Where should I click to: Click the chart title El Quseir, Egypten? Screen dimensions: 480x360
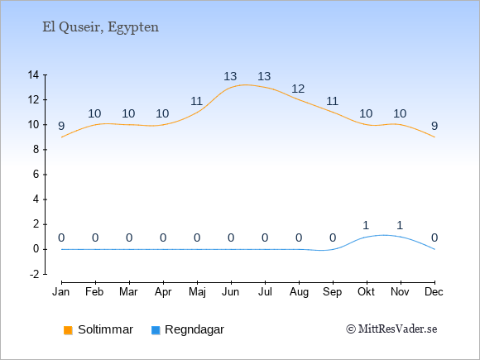100,27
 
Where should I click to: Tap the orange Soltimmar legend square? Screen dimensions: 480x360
68,330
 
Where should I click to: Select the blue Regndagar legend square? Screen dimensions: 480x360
156,330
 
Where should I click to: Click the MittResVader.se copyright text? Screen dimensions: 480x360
391,329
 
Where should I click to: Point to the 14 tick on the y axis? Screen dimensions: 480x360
33,74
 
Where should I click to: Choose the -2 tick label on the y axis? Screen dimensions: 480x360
35,274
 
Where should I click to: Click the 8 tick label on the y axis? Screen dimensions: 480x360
36,150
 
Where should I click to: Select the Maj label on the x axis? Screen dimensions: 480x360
197,292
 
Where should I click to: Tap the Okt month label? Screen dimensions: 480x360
366,292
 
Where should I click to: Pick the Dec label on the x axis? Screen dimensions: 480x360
434,292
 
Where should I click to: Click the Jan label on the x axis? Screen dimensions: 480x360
61,292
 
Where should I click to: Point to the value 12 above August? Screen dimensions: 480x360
298,89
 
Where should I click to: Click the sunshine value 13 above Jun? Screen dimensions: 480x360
230,76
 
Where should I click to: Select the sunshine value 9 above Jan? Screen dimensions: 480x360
61,126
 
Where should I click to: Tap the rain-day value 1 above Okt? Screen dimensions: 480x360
366,226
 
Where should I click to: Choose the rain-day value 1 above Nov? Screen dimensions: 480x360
400,226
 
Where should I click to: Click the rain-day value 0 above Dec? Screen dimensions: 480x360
434,238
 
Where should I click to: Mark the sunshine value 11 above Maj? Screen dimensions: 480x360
196,101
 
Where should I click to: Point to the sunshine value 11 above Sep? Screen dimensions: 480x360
332,101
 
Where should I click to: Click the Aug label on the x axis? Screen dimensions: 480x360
299,292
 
